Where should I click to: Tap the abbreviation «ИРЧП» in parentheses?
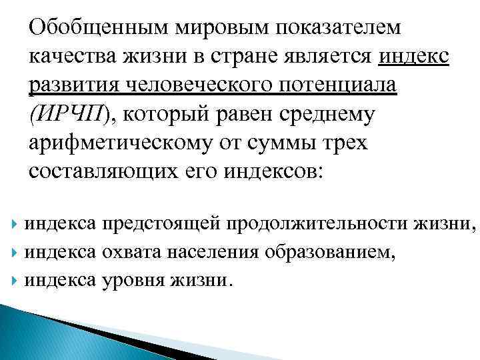tap(67, 115)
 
